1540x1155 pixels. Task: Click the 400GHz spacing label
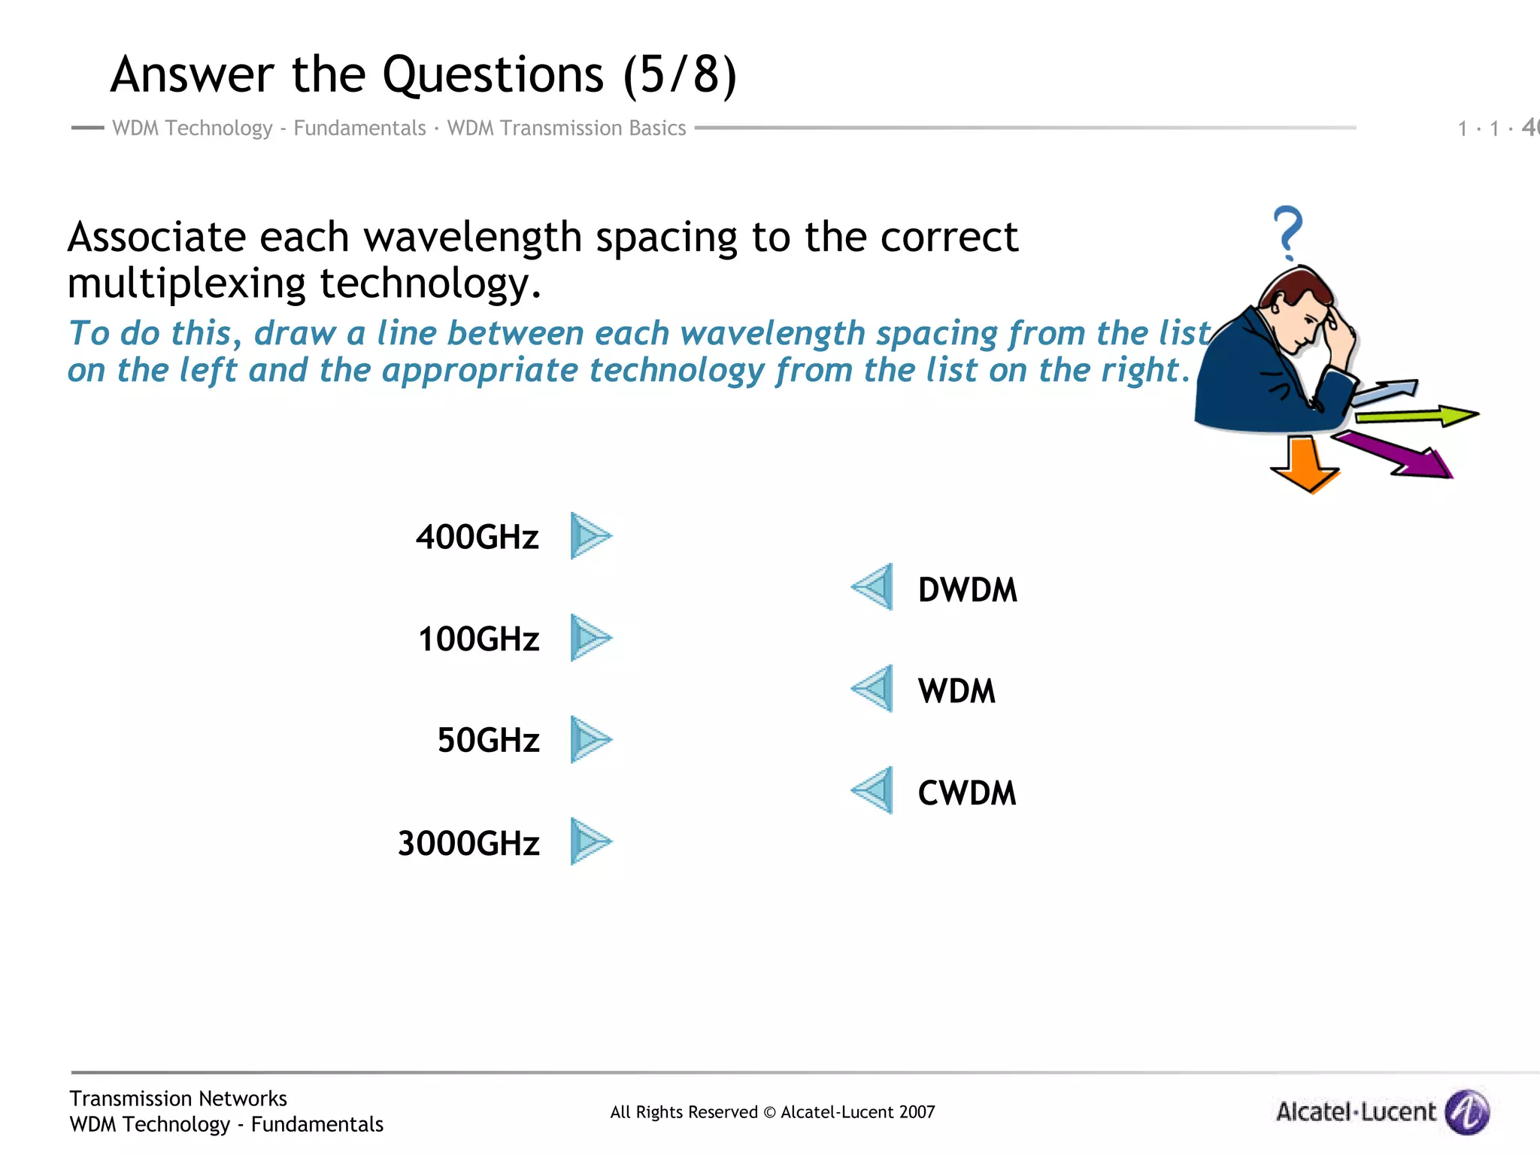(x=477, y=538)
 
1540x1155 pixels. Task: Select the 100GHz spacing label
(x=479, y=639)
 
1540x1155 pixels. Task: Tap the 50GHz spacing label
(x=489, y=741)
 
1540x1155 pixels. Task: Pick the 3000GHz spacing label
(x=468, y=843)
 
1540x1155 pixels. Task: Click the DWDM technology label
(x=967, y=590)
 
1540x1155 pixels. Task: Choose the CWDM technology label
(x=967, y=793)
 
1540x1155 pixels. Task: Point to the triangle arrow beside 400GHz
(x=590, y=536)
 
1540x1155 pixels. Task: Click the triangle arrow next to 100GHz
(x=590, y=638)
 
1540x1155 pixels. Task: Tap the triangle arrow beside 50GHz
(x=590, y=739)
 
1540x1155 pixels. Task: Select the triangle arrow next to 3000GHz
(x=590, y=841)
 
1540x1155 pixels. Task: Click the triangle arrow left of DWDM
(x=874, y=587)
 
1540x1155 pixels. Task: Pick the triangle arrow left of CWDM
(x=874, y=790)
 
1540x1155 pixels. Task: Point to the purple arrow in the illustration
(x=1399, y=456)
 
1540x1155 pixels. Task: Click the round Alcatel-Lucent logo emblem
(x=1467, y=1111)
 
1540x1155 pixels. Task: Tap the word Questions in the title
(x=493, y=75)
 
